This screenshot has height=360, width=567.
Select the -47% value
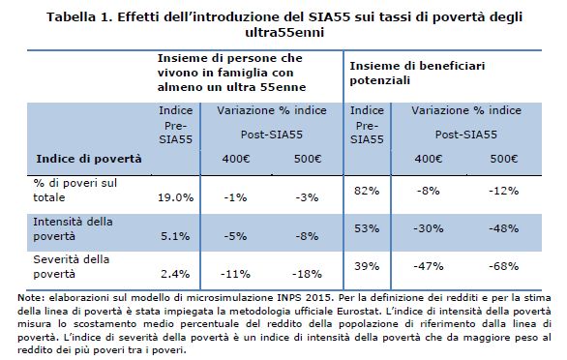tap(425, 265)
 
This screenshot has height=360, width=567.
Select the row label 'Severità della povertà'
tap(70, 267)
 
